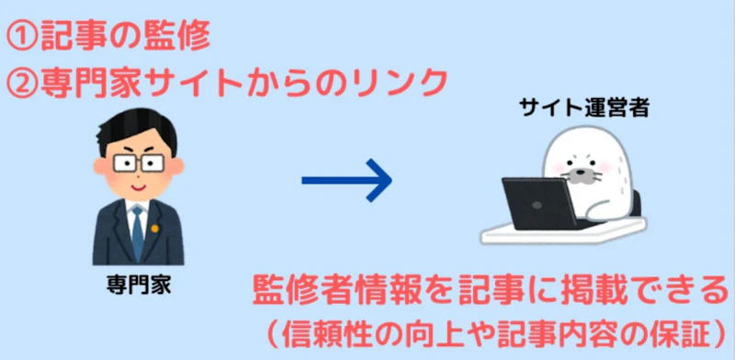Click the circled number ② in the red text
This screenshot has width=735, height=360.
point(22,84)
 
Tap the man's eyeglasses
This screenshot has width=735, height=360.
point(135,164)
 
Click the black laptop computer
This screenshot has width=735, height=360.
point(537,203)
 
